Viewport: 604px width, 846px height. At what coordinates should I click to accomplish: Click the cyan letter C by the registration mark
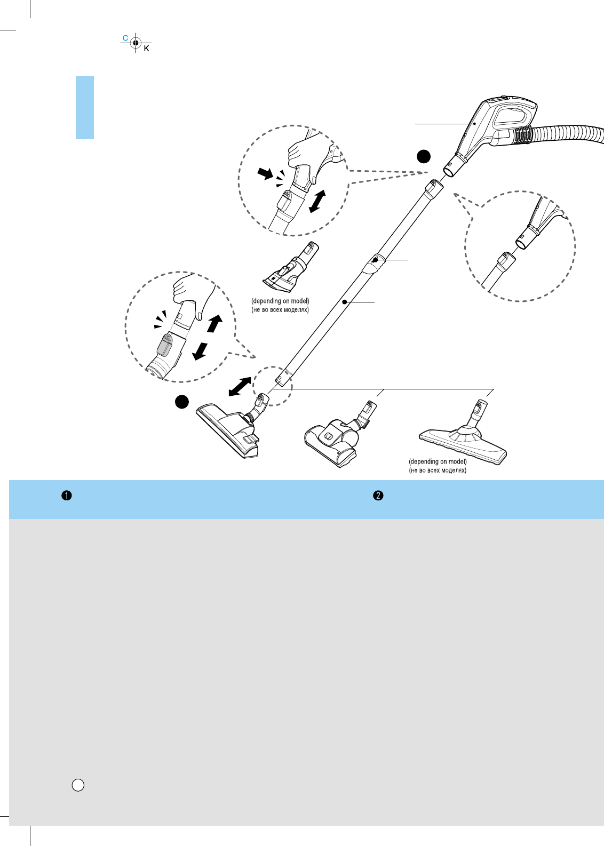pos(125,38)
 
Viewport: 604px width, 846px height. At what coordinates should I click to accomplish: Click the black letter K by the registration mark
pos(147,49)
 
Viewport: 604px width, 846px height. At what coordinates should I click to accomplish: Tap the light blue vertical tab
pos(85,107)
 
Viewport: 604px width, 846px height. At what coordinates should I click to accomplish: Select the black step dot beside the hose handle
pos(423,156)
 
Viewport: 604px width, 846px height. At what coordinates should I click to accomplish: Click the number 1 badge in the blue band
pos(66,496)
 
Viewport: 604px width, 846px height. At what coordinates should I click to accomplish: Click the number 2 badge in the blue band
pos(378,496)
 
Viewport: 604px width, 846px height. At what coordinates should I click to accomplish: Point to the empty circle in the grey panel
pos(78,785)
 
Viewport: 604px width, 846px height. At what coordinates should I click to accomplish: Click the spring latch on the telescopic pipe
pos(375,261)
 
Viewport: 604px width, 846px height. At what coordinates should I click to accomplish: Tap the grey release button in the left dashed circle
pos(164,344)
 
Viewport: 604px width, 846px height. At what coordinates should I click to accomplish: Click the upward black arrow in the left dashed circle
pos(214,324)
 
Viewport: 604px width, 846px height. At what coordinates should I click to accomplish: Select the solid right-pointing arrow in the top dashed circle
pos(265,173)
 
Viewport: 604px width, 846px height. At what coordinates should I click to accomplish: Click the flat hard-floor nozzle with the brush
pos(463,437)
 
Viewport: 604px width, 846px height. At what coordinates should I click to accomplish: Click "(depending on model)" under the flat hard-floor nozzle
pos(438,461)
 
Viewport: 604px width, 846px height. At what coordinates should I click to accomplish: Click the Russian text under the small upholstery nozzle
pos(280,310)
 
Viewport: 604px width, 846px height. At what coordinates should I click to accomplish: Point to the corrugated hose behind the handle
pos(566,133)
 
